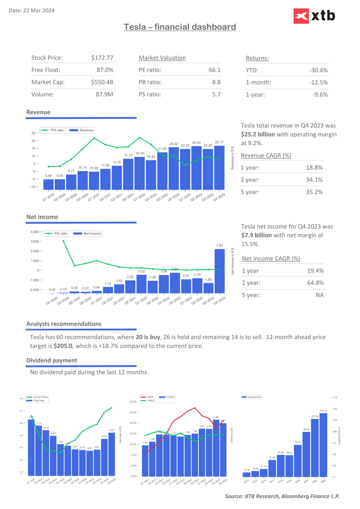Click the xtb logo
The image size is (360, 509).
314,16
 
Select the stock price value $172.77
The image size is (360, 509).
102,58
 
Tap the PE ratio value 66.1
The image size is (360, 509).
214,70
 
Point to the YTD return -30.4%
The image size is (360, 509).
318,70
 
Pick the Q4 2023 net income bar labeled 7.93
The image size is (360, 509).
220,271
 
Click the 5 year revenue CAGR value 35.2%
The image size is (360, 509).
314,192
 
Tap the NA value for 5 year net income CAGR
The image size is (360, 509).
319,295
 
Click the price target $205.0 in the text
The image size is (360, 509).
63,346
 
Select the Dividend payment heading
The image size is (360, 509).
52,360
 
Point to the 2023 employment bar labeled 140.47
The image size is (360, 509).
323,445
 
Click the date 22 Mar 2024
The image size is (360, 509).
39,10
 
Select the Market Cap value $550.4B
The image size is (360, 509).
102,82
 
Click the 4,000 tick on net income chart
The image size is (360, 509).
35,232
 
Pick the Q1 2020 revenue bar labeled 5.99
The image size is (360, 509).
48,184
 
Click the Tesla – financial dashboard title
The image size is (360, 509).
180,27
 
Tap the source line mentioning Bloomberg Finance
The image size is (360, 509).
282,496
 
